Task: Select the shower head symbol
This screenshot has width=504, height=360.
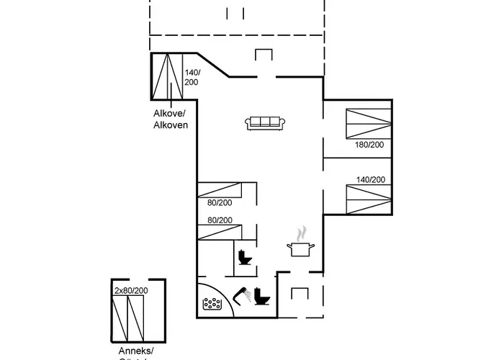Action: (243, 295)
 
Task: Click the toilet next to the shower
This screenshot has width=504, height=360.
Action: (261, 297)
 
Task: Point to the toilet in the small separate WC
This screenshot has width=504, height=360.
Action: (245, 258)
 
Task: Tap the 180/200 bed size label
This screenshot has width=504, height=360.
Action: (369, 145)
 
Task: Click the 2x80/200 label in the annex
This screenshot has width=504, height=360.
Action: (131, 290)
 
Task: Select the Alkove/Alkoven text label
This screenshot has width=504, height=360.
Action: (171, 119)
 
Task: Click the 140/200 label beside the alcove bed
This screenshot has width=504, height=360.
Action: (192, 78)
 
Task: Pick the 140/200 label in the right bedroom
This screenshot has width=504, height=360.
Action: (370, 180)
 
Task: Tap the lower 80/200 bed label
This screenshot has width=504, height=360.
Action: (220, 220)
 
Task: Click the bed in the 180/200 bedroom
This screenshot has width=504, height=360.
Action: (369, 122)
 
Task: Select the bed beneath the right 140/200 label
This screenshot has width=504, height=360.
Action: (369, 198)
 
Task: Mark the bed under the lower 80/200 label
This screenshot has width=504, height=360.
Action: (220, 232)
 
